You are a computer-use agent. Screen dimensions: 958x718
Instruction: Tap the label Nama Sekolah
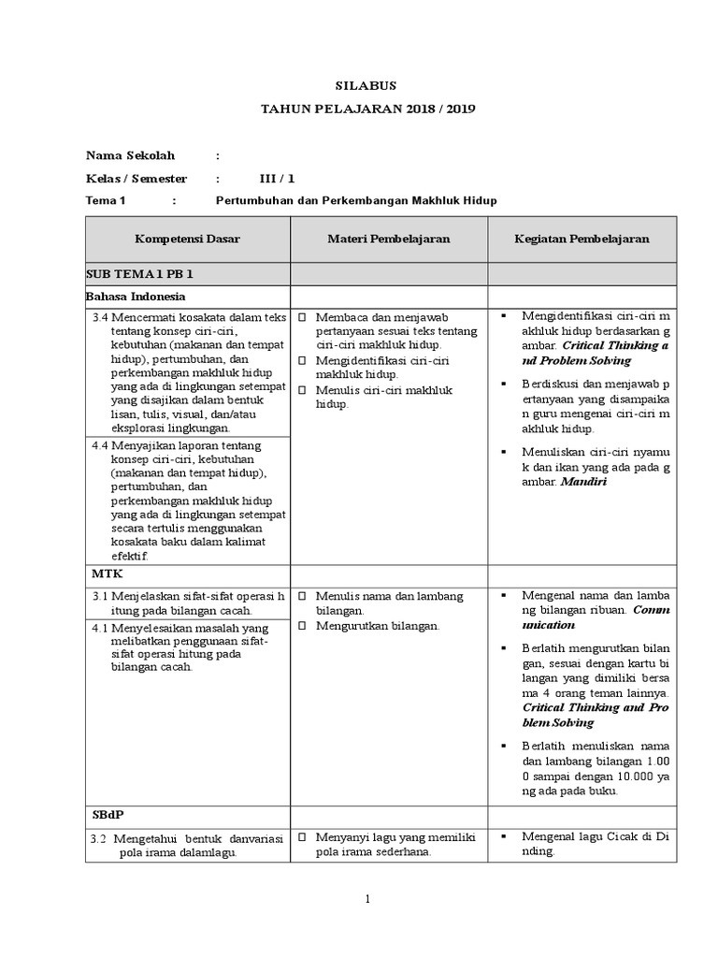pyautogui.click(x=130, y=155)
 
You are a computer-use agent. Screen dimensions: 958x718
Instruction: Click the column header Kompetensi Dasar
pyautogui.click(x=187, y=239)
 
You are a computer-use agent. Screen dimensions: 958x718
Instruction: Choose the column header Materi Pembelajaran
pyautogui.click(x=388, y=239)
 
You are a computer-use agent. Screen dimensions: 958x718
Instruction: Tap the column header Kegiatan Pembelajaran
pyautogui.click(x=582, y=239)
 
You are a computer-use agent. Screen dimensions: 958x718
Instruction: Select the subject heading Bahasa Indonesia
pyautogui.click(x=136, y=297)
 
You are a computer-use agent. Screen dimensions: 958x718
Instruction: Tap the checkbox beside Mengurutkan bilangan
pyautogui.click(x=303, y=626)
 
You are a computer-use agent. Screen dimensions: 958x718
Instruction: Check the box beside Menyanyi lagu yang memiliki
pyautogui.click(x=303, y=838)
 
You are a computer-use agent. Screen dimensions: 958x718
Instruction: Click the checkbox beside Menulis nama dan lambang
pyautogui.click(x=303, y=596)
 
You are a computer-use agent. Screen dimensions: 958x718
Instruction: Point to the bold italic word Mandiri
pyautogui.click(x=583, y=483)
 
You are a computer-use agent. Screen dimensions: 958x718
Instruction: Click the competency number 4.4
pyautogui.click(x=101, y=446)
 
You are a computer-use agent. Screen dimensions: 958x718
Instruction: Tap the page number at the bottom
pyautogui.click(x=367, y=900)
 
